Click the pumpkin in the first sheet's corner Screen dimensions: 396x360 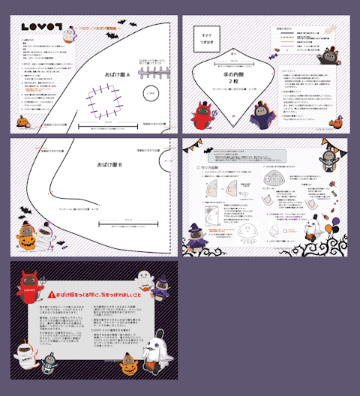pyautogui.click(x=21, y=120)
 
